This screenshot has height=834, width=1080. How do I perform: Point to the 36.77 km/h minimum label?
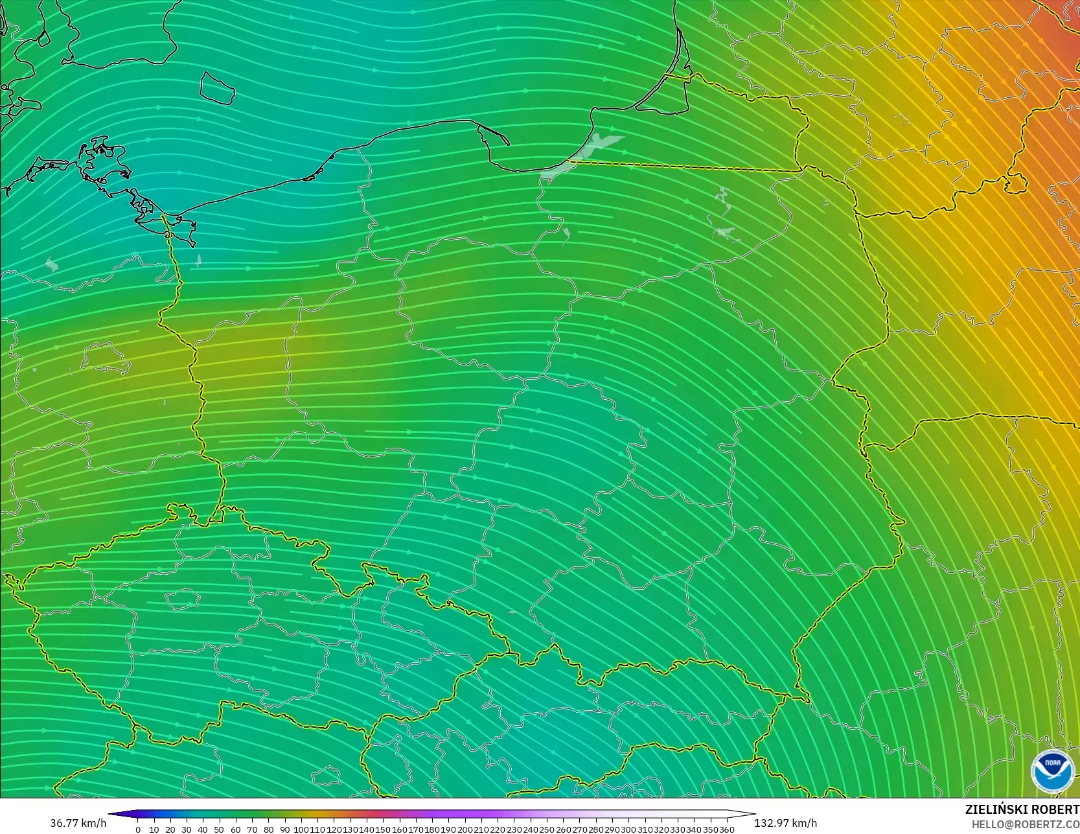(x=78, y=823)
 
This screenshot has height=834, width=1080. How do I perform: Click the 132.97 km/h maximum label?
(x=785, y=823)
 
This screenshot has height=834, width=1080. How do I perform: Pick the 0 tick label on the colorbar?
(x=138, y=829)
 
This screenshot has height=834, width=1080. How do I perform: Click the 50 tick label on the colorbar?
(x=219, y=829)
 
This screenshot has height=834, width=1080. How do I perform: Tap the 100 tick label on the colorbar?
(x=301, y=829)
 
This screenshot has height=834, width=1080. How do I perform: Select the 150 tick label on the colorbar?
(x=383, y=829)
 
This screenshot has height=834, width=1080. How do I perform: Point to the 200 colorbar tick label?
(x=465, y=829)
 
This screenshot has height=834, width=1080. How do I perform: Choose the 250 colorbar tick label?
(x=547, y=829)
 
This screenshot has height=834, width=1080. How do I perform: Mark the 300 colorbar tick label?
(x=628, y=829)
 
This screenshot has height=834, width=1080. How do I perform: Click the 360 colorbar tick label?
(x=726, y=829)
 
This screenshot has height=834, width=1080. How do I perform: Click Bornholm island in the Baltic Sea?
(x=216, y=87)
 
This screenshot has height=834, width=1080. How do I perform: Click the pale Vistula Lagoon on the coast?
(x=586, y=153)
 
